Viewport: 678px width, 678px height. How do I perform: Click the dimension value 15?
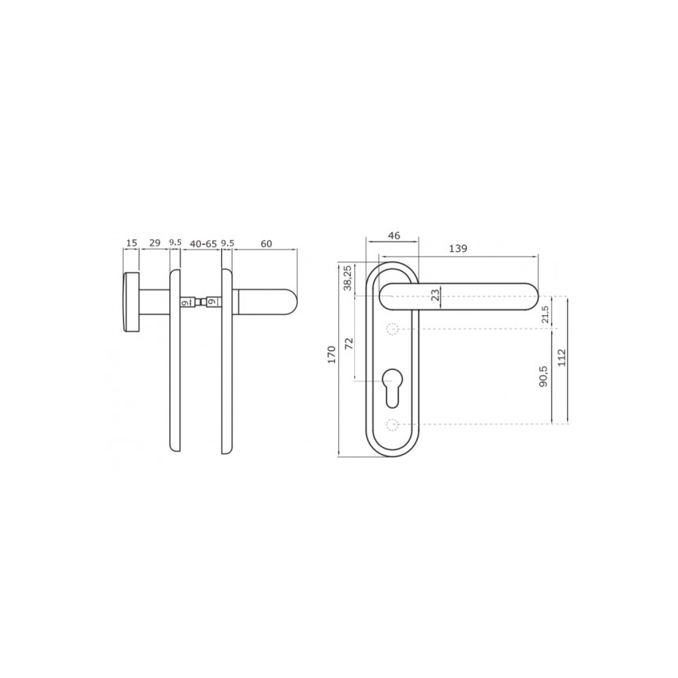tap(131, 242)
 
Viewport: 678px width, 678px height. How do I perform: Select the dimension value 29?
tap(155, 242)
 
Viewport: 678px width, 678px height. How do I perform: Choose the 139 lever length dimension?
tap(458, 249)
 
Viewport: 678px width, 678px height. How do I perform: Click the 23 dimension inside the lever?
tap(435, 295)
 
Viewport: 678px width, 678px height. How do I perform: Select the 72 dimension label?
tap(348, 345)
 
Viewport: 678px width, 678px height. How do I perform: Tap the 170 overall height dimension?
tap(331, 355)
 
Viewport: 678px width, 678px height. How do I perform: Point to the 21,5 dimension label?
tap(545, 313)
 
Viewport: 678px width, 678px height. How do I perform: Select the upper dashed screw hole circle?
tap(392, 329)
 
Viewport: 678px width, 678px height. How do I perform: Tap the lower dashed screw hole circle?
tap(392, 424)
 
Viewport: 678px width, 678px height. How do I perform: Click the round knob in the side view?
tap(130, 302)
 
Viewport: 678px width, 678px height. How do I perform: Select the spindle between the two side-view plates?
tap(199, 302)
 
